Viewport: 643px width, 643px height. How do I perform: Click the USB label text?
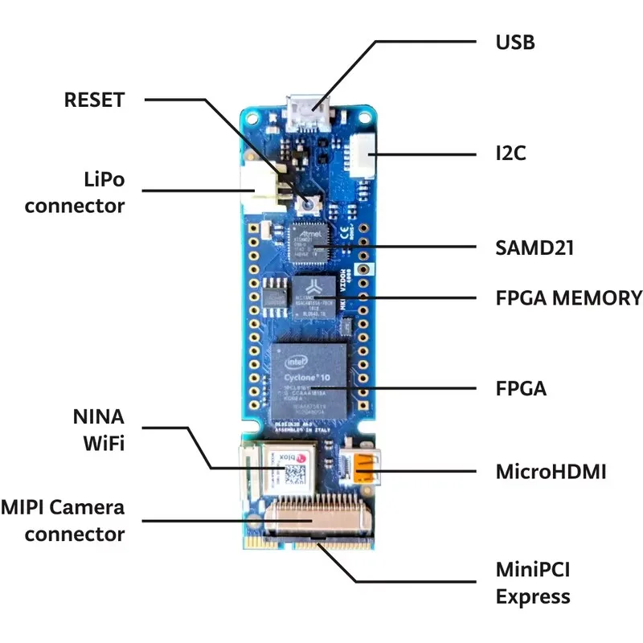(514, 42)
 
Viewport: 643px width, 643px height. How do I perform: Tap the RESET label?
(94, 100)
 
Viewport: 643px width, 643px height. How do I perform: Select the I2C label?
(510, 153)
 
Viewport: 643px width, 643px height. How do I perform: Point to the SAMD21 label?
(534, 248)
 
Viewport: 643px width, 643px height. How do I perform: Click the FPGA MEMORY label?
(568, 298)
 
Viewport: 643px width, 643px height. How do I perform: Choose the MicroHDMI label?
(551, 471)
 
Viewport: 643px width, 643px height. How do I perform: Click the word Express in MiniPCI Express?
(533, 597)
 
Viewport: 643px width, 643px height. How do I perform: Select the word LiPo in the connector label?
(104, 178)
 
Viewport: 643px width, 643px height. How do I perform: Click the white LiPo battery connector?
(264, 191)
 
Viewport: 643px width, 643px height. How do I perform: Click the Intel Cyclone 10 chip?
(310, 376)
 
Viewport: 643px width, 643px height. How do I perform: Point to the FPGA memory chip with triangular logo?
(314, 297)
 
